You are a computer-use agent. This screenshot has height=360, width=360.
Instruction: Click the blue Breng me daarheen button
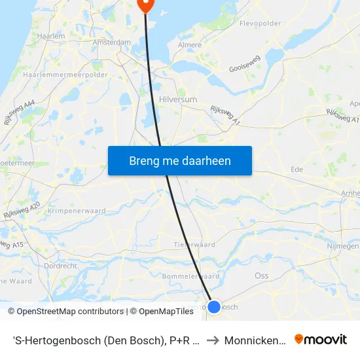(180, 160)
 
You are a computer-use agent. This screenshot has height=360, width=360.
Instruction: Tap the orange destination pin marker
(145, 5)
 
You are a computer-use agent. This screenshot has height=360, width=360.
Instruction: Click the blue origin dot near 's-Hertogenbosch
(214, 306)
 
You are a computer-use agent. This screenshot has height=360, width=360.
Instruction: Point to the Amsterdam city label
(112, 42)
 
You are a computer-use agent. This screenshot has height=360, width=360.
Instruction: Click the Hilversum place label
(177, 99)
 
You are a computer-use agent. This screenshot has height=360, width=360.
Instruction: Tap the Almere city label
(190, 45)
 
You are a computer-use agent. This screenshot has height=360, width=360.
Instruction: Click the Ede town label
(297, 169)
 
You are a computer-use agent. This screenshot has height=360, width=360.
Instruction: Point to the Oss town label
(262, 276)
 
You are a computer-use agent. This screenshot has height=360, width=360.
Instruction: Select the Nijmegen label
(342, 246)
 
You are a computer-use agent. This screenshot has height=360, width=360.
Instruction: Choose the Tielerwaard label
(194, 244)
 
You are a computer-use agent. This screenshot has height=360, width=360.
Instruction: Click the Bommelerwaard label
(190, 276)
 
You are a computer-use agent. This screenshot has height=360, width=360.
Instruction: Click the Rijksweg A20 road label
(21, 210)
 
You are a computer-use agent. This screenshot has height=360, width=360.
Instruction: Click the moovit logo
(321, 340)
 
